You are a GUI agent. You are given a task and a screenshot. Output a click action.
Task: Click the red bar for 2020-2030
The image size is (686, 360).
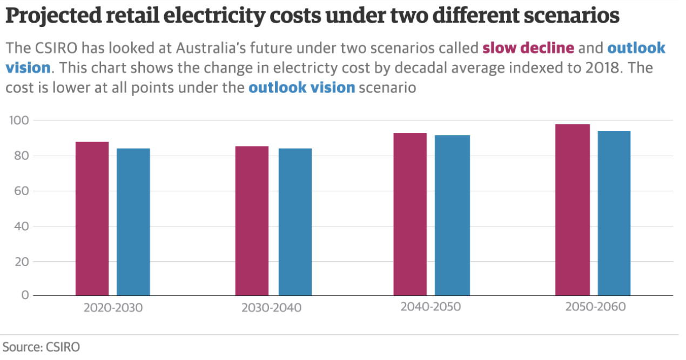coord(92,218)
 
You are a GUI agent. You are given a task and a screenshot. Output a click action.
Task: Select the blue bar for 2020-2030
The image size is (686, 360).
coord(133,222)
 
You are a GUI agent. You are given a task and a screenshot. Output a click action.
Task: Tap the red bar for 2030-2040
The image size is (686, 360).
coord(252,221)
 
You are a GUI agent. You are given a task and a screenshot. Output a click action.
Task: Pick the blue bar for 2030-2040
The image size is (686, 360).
coord(295,222)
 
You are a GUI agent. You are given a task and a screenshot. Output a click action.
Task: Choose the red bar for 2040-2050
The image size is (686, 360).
coord(410,214)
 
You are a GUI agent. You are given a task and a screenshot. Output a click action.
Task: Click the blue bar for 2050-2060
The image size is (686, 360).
coord(614,213)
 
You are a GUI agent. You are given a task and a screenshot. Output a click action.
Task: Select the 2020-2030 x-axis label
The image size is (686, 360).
coord(113,308)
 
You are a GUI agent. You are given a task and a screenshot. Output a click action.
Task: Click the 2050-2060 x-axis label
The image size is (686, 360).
coord(595,307)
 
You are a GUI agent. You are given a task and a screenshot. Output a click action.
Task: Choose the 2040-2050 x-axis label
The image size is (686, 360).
coord(431,307)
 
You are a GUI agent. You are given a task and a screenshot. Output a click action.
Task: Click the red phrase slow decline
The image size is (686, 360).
coord(528,48)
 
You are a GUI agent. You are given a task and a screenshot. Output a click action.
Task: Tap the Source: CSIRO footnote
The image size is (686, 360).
coord(42,347)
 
